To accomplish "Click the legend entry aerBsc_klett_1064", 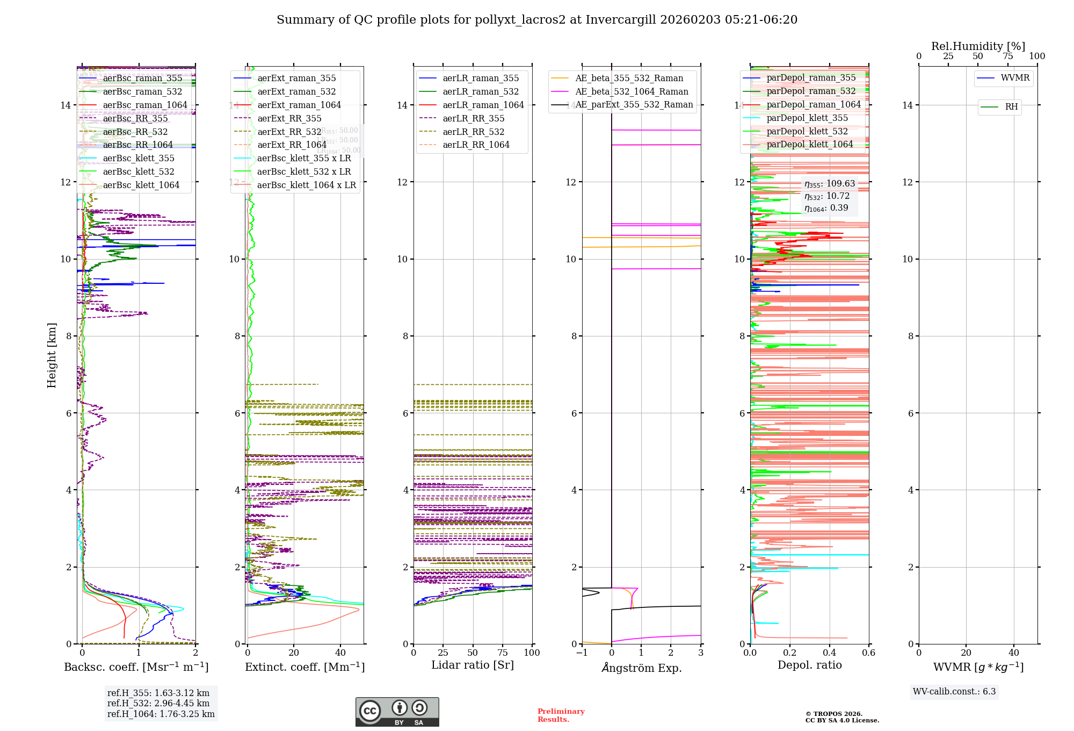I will [141, 185].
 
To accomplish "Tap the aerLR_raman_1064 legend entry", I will [483, 105].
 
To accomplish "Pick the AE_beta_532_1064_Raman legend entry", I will [632, 91].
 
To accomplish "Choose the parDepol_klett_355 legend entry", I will [807, 118].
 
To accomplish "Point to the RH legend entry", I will [1011, 107].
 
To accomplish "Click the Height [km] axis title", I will [52, 355].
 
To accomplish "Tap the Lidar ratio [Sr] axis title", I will [473, 665].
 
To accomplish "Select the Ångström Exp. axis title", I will [641, 668].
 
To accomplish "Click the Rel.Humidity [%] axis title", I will [978, 46].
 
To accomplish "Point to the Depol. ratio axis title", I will [809, 665].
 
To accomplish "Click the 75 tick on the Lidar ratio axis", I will [503, 653].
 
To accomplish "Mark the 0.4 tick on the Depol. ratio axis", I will [829, 653].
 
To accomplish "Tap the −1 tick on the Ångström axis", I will [582, 653].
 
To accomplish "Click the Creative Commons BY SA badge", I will [397, 712].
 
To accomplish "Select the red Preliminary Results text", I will [561, 715].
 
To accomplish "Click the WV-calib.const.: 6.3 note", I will [954, 691].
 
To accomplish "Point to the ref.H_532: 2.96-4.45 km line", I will [158, 703].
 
